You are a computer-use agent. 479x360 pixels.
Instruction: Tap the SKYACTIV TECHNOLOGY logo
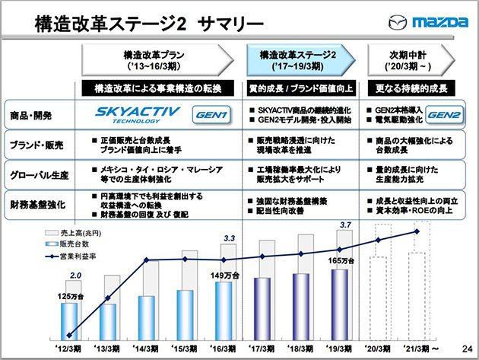(138, 114)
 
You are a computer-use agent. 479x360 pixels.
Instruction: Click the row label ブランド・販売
(39, 145)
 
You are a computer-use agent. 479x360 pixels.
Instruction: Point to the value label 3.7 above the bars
(345, 225)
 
